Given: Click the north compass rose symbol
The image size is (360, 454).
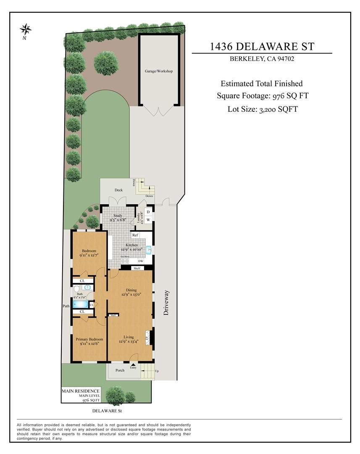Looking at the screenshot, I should pos(26,30).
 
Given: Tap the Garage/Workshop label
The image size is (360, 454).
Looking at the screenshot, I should pos(159,71).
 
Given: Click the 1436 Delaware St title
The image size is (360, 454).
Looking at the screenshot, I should pos(262,46).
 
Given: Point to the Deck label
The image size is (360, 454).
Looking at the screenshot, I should pos(119,190).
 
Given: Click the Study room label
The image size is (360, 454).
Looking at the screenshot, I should pos(118,216).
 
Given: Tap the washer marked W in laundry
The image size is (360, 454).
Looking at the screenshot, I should pos(148,219).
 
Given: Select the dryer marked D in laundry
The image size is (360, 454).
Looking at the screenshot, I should pos(148,211).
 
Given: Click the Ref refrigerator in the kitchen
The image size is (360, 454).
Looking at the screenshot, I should pos(135,235).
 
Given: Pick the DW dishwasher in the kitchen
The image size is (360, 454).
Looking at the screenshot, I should pos(141,261).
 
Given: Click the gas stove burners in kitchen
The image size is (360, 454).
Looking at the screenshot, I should pos(125,261).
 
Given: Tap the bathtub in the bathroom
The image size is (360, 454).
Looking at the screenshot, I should pos(80,304).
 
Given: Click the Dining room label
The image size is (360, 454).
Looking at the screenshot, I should pos(131,290).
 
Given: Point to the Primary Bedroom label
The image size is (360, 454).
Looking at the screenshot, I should pos(89,339).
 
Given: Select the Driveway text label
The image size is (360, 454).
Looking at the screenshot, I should pos(166,303).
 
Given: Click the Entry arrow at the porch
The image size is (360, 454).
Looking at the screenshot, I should pos(134,365).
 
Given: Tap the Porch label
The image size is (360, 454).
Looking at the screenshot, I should pos(120,370).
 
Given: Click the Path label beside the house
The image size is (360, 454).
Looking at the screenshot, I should pos(66,306).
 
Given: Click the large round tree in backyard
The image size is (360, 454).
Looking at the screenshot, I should pos(105,63).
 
